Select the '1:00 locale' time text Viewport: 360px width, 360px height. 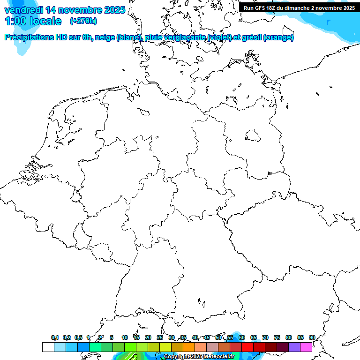[33, 21]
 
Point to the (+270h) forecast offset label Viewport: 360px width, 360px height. [83, 21]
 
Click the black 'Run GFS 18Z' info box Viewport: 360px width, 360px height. [299, 8]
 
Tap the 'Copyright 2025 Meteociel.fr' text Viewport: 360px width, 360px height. [199, 357]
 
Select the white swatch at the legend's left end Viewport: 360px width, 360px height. [48, 347]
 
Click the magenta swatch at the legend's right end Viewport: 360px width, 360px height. [306, 347]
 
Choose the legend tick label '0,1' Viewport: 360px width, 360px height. [55, 337]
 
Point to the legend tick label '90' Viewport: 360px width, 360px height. [312, 337]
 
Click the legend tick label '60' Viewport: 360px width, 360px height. [241, 337]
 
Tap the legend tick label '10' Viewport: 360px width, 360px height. [124, 337]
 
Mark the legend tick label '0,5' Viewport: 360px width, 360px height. [78, 337]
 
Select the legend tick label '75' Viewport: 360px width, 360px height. [277, 337]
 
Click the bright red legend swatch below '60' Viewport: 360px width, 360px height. [247, 347]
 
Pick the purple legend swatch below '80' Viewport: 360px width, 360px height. [294, 347]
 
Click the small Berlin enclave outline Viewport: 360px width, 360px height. [253, 135]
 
